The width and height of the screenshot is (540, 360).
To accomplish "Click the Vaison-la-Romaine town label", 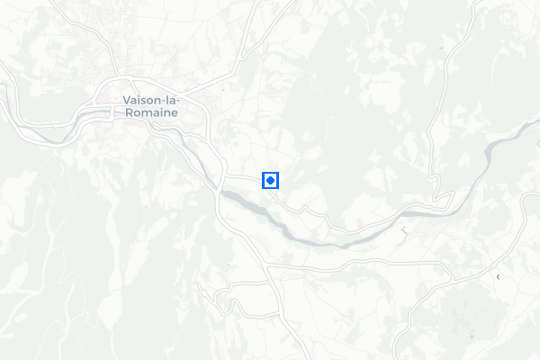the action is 150,108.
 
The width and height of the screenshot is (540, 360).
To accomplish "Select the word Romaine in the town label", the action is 150,114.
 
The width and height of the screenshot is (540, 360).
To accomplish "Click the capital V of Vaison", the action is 125,102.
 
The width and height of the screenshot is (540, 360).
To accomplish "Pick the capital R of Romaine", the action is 127,114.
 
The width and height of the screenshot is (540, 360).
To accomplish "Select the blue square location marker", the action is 270,180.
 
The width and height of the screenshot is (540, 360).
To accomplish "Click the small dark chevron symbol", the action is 498,277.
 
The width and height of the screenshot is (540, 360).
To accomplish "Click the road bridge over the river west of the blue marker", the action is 219,191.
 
